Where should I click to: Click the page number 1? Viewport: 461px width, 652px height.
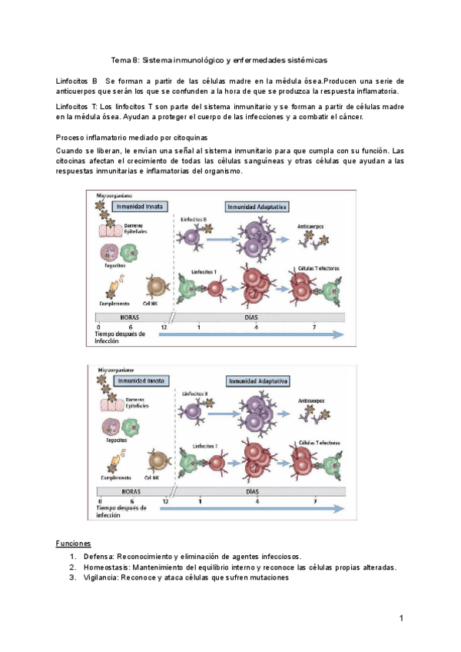[x=401, y=619]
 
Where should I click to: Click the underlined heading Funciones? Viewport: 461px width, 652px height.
[x=74, y=544]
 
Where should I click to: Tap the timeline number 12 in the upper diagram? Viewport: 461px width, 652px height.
[x=164, y=328]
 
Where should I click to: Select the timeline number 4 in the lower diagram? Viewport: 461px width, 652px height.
[x=257, y=502]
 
